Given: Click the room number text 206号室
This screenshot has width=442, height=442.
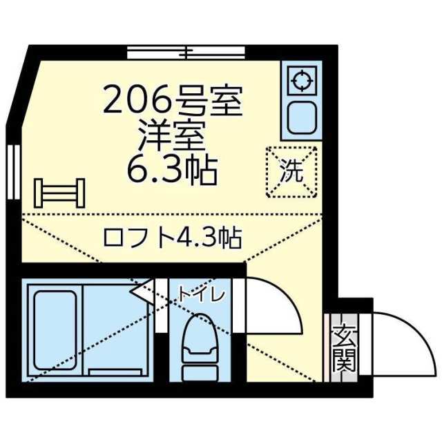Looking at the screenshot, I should (x=173, y=102).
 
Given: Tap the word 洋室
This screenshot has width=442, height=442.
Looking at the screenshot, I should (x=173, y=136).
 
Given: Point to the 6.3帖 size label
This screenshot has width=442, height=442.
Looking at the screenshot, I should (x=173, y=169).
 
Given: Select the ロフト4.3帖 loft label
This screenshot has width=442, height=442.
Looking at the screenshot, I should (x=172, y=238).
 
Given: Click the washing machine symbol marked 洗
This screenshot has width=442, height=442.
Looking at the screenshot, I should (x=291, y=173).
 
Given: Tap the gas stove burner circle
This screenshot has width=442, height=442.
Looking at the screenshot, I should (x=300, y=81).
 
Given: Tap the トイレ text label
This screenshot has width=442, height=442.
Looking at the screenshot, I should (x=201, y=295).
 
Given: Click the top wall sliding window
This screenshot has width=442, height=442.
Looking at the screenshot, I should (x=186, y=51).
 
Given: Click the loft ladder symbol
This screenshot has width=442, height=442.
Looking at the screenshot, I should (x=60, y=193).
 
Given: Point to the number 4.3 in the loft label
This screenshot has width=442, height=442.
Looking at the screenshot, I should (x=195, y=238).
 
